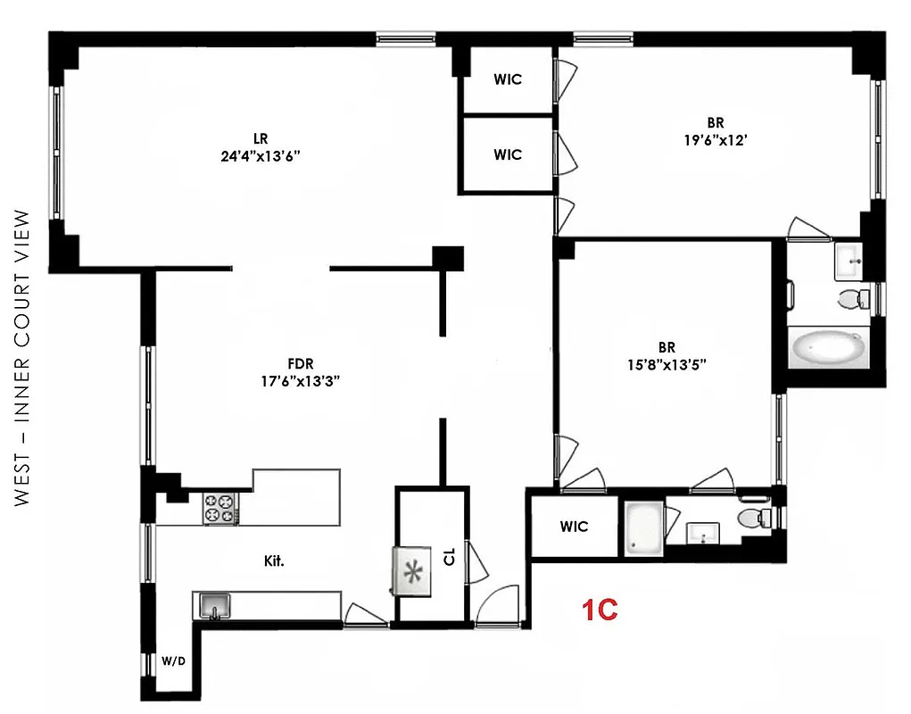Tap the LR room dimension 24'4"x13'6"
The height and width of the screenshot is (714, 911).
tap(261, 154)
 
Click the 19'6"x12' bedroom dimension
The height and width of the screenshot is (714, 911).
tap(713, 138)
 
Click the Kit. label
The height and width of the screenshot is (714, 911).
tap(274, 561)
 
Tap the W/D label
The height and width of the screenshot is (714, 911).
tap(172, 662)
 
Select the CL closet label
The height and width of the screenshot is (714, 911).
tap(449, 557)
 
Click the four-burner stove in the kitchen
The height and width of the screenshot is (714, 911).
tap(220, 509)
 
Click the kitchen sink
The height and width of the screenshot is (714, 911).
tap(214, 607)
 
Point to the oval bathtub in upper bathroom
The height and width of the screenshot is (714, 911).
tap(827, 346)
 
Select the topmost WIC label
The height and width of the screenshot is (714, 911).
tap(508, 79)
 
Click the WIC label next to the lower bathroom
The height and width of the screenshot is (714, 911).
tap(574, 527)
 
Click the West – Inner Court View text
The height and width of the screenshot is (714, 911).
tap(24, 357)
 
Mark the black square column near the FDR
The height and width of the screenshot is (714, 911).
tap(448, 257)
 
